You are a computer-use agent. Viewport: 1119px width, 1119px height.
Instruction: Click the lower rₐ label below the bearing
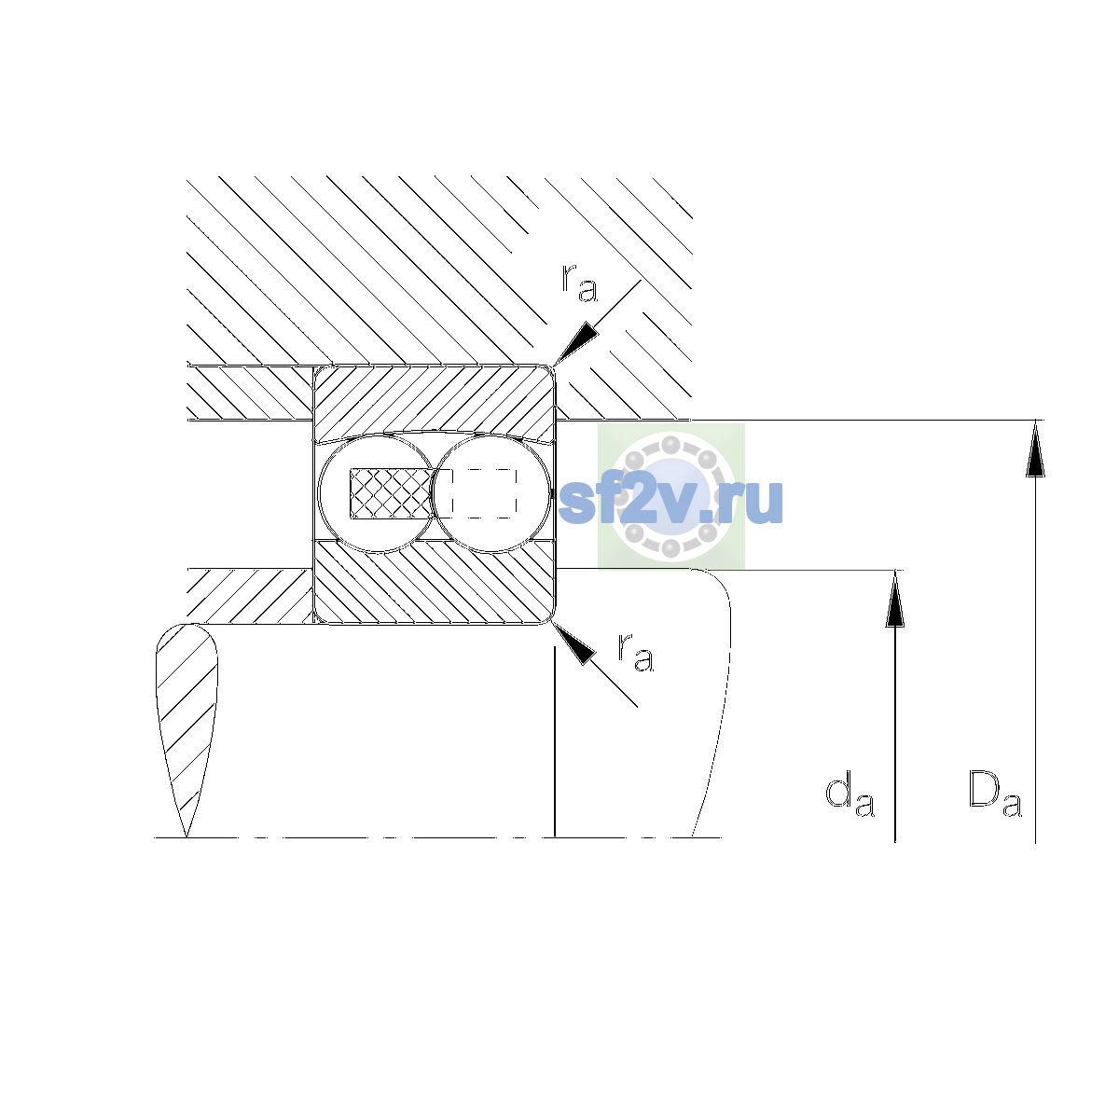(x=635, y=652)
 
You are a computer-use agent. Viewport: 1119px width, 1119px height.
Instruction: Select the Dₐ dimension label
(x=995, y=794)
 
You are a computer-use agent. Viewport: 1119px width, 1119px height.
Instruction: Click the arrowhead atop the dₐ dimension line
(x=895, y=599)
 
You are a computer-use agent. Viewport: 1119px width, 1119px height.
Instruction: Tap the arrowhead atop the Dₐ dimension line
(x=1035, y=449)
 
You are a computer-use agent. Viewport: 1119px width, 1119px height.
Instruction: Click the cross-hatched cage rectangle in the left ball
(x=391, y=493)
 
